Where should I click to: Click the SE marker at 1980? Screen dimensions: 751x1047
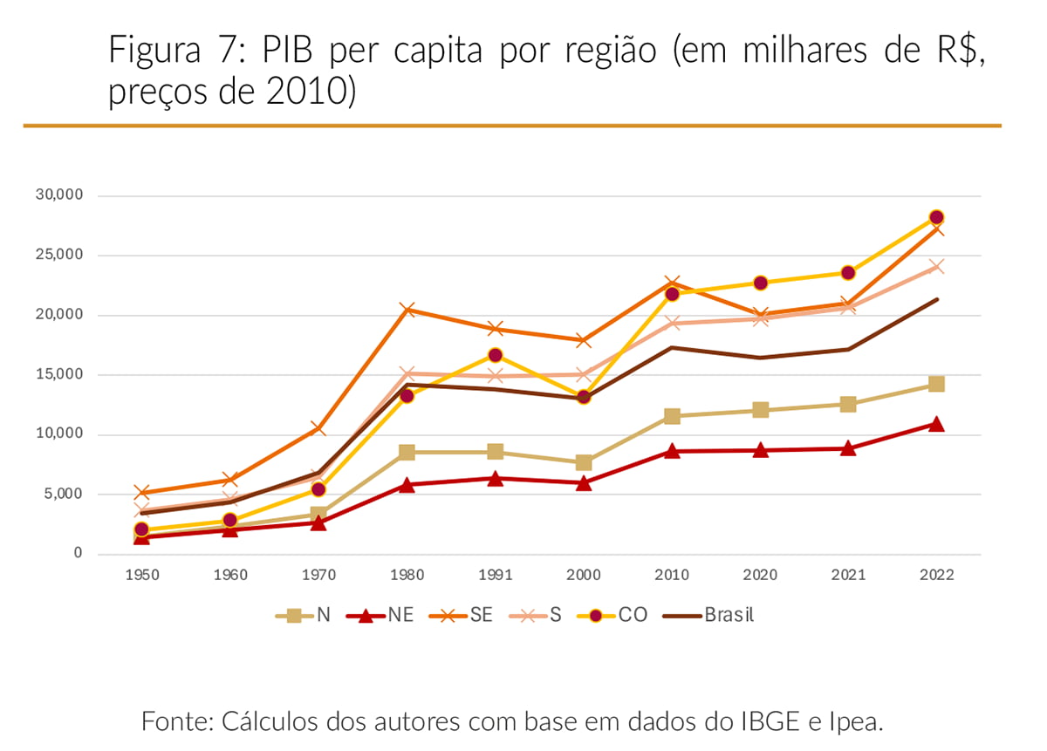click(407, 310)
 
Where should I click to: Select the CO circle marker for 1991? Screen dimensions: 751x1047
click(495, 355)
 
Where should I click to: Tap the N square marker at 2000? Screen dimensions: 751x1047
click(583, 462)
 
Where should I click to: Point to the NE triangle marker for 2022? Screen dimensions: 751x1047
click(936, 425)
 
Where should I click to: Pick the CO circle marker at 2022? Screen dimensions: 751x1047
click(936, 217)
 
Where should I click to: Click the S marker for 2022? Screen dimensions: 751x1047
click(936, 267)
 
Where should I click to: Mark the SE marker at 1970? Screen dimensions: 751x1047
click(318, 428)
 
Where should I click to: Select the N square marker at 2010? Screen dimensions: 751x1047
click(672, 416)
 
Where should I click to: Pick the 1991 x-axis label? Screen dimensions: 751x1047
click(495, 575)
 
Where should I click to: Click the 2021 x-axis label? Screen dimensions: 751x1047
click(848, 575)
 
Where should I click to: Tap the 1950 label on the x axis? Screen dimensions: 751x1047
click(141, 575)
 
